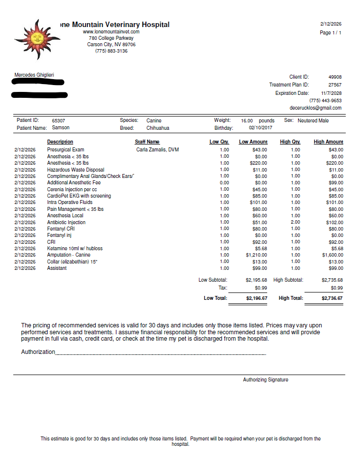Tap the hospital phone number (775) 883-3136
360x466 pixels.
tap(111, 51)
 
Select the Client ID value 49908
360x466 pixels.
tap(335, 77)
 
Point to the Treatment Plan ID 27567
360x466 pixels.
tap(335, 85)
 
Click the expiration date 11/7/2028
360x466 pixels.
tap(332, 93)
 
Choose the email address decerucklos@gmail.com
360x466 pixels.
tap(315, 108)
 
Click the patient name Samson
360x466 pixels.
tap(61, 128)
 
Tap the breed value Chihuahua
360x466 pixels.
tap(158, 128)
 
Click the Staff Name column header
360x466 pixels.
tap(147, 142)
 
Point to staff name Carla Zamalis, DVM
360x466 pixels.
tap(158, 149)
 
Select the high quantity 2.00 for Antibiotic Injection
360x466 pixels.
tap(295, 222)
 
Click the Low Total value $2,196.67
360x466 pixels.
tap(256, 298)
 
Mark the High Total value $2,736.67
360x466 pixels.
tap(332, 298)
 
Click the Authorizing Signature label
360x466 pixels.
tap(266, 380)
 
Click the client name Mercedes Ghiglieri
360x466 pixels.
tap(34, 75)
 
